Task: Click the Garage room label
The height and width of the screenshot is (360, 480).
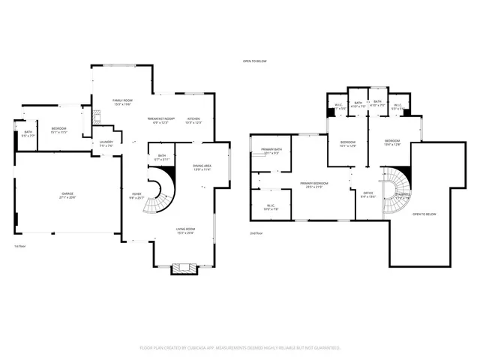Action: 68,195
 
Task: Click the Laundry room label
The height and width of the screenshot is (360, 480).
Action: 106,143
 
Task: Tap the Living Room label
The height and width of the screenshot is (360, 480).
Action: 185,231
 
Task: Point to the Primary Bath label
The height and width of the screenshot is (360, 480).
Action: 271,151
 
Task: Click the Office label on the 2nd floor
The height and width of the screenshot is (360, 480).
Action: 367,195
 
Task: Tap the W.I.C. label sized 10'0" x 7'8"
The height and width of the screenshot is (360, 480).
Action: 271,207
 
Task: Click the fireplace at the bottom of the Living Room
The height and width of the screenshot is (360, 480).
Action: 184,268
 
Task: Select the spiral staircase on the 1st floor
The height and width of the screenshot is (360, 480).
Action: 160,191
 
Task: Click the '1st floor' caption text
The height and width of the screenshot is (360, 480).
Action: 20,246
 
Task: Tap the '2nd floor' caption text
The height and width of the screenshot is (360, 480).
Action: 257,233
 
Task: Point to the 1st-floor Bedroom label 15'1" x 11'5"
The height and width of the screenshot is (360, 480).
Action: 59,130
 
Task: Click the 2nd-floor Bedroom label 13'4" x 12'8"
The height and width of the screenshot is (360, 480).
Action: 393,143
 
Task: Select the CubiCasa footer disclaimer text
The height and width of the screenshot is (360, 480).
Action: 240,348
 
